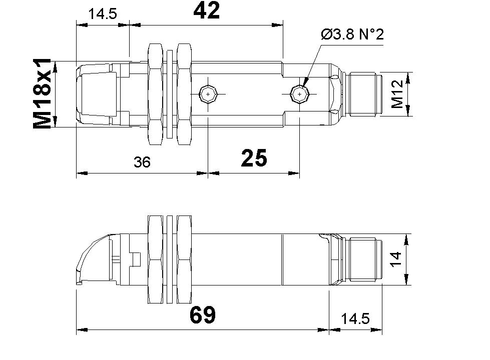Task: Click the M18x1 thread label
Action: [43, 93]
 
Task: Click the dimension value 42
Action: [206, 11]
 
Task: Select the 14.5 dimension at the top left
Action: [102, 13]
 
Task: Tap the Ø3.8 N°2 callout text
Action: [352, 35]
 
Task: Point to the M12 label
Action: [398, 94]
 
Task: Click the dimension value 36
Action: [142, 162]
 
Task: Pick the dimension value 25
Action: [254, 158]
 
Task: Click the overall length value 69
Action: [202, 315]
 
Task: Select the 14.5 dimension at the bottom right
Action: [355, 318]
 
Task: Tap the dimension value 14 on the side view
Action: [396, 258]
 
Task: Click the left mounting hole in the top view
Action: [207, 94]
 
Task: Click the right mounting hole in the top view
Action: [299, 94]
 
